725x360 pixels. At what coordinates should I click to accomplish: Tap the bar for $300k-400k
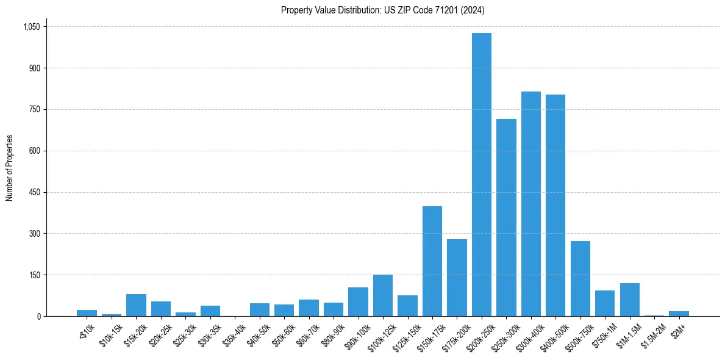pos(530,204)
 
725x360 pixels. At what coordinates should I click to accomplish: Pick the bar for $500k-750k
pos(580,278)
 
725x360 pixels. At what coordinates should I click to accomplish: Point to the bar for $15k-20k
pos(136,305)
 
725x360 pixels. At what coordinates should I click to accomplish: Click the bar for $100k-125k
pos(382,295)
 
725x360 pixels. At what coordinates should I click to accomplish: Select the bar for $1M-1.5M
pos(629,300)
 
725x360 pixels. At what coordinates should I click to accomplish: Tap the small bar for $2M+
pos(679,314)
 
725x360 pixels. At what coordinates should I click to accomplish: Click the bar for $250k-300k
pos(506,217)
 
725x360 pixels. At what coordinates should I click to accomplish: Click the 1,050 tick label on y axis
pos(31,27)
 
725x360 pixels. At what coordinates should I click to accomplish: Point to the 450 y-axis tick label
pos(34,192)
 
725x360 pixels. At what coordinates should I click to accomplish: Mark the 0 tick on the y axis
pos(38,316)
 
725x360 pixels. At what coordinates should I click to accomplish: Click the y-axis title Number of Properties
pos(9,168)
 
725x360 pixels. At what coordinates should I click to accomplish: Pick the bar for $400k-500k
pos(555,205)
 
